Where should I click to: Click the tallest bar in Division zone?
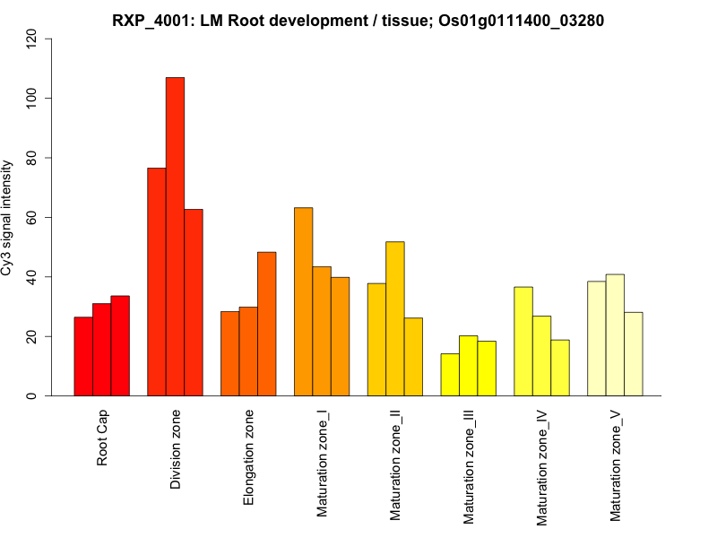[175, 237]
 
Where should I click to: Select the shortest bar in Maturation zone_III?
[450, 375]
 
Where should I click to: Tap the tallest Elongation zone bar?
[266, 324]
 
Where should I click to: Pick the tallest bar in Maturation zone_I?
[303, 301]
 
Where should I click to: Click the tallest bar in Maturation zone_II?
[394, 318]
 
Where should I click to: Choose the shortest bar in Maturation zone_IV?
[560, 368]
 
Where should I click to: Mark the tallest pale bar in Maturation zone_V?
[615, 334]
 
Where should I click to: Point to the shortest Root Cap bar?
[83, 356]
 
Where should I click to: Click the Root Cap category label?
[102, 438]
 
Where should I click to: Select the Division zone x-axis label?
[176, 449]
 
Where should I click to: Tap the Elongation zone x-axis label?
[249, 456]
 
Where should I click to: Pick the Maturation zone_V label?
[616, 465]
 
